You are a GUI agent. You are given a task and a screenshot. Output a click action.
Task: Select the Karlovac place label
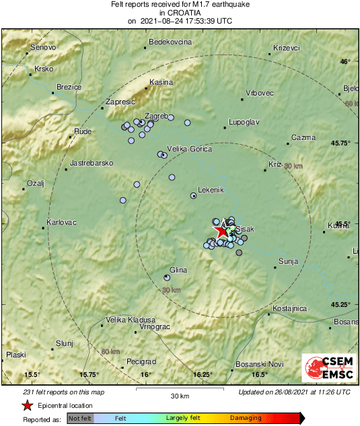click(61, 223)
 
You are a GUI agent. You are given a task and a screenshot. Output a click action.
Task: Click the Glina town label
click(178, 270)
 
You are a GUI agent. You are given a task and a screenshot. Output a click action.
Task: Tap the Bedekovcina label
click(170, 42)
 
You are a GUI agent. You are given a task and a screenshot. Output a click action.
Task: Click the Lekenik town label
click(211, 190)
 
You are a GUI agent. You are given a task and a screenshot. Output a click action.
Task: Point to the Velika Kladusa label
click(131, 320)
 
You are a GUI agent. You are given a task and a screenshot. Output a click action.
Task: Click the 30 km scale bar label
click(180, 396)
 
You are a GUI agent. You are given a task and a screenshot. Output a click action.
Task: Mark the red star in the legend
click(26, 406)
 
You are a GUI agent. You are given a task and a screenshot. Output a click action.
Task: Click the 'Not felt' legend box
click(80, 419)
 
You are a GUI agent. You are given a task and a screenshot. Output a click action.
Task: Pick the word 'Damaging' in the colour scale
click(246, 419)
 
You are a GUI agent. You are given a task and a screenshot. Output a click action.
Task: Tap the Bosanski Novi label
click(259, 364)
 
